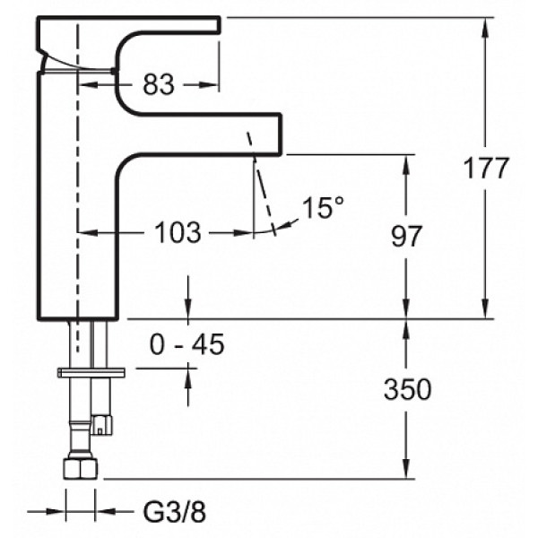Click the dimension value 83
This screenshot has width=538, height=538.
(x=159, y=84)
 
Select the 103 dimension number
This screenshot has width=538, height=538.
(x=178, y=232)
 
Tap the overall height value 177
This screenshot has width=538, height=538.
(x=485, y=168)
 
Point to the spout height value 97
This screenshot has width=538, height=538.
(x=406, y=236)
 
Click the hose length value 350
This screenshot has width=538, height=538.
(x=407, y=389)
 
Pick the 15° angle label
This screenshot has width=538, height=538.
(x=323, y=208)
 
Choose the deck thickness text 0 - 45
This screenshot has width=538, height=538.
(x=187, y=344)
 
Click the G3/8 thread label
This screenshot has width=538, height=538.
(x=174, y=512)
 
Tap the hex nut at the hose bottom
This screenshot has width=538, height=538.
(x=81, y=467)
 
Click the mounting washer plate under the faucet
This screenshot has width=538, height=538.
(x=91, y=373)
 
